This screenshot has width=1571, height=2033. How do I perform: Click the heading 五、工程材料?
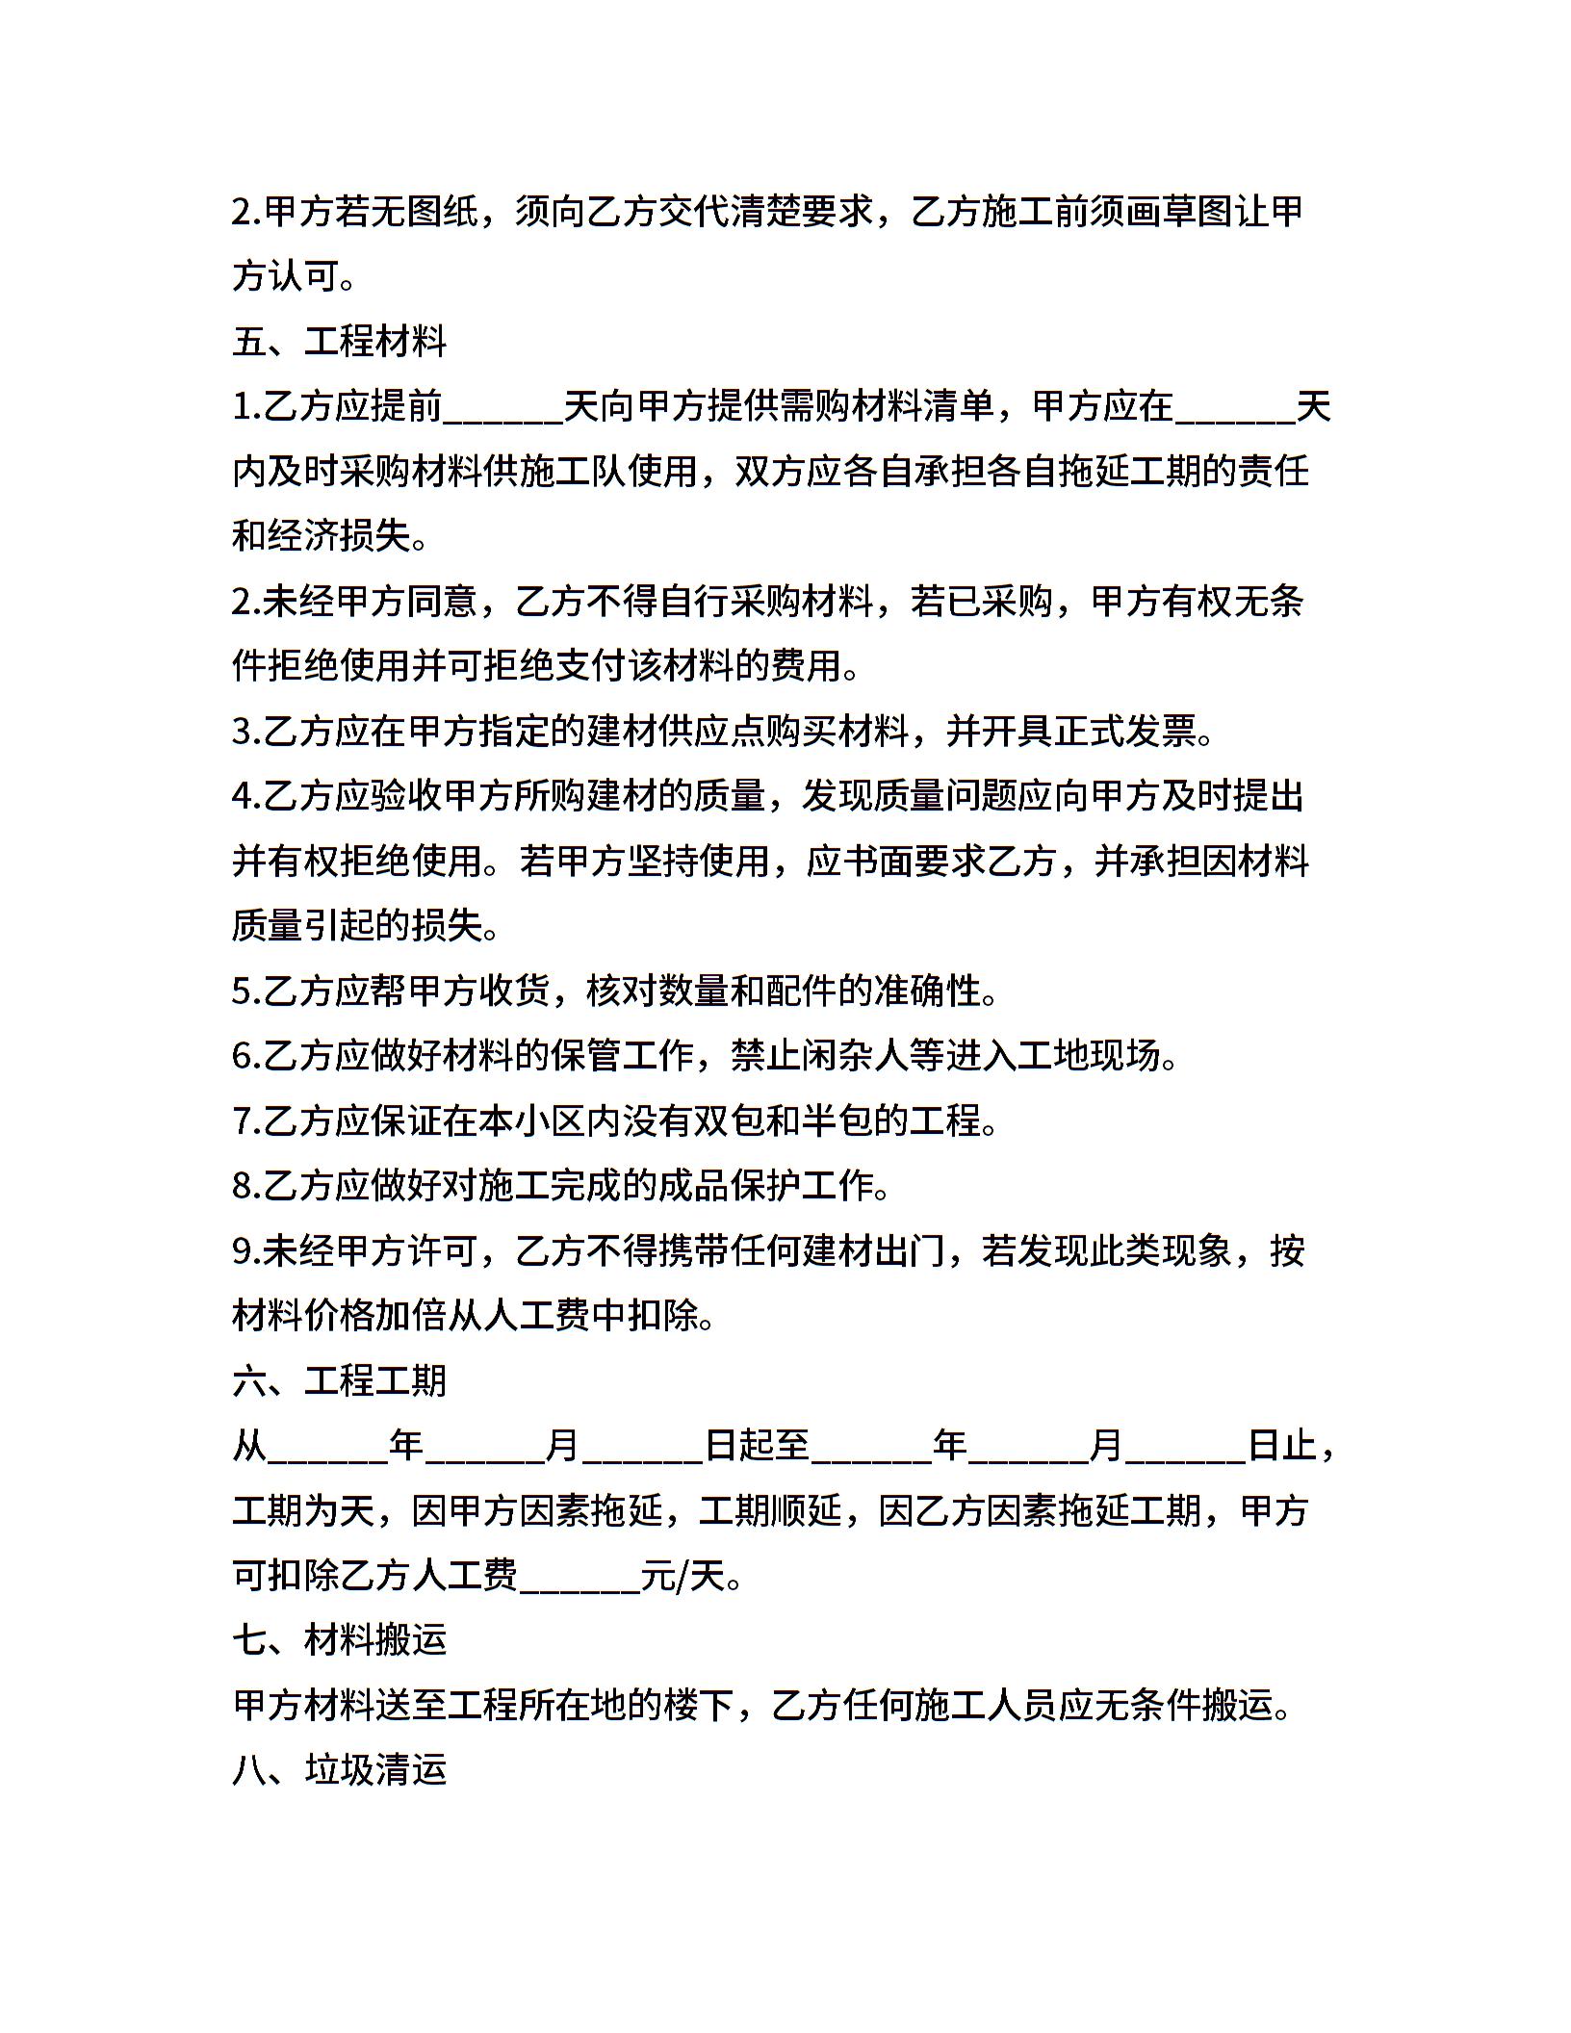pos(340,342)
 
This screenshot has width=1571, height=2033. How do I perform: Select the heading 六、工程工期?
pos(340,1380)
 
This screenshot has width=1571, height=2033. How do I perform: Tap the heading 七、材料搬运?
pos(340,1640)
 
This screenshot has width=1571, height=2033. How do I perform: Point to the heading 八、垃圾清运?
pos(340,1770)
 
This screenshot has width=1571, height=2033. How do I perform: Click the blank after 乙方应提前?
pos(502,408)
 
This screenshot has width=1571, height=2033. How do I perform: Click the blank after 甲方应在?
pos(1235,408)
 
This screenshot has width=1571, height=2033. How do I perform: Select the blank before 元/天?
pos(579,1576)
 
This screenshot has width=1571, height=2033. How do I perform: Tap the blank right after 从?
pos(327,1446)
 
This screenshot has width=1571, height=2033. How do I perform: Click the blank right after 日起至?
pos(871,1446)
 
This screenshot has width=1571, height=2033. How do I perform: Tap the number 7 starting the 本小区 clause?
pos(242,1121)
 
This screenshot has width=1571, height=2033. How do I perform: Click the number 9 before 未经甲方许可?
pos(242,1251)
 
